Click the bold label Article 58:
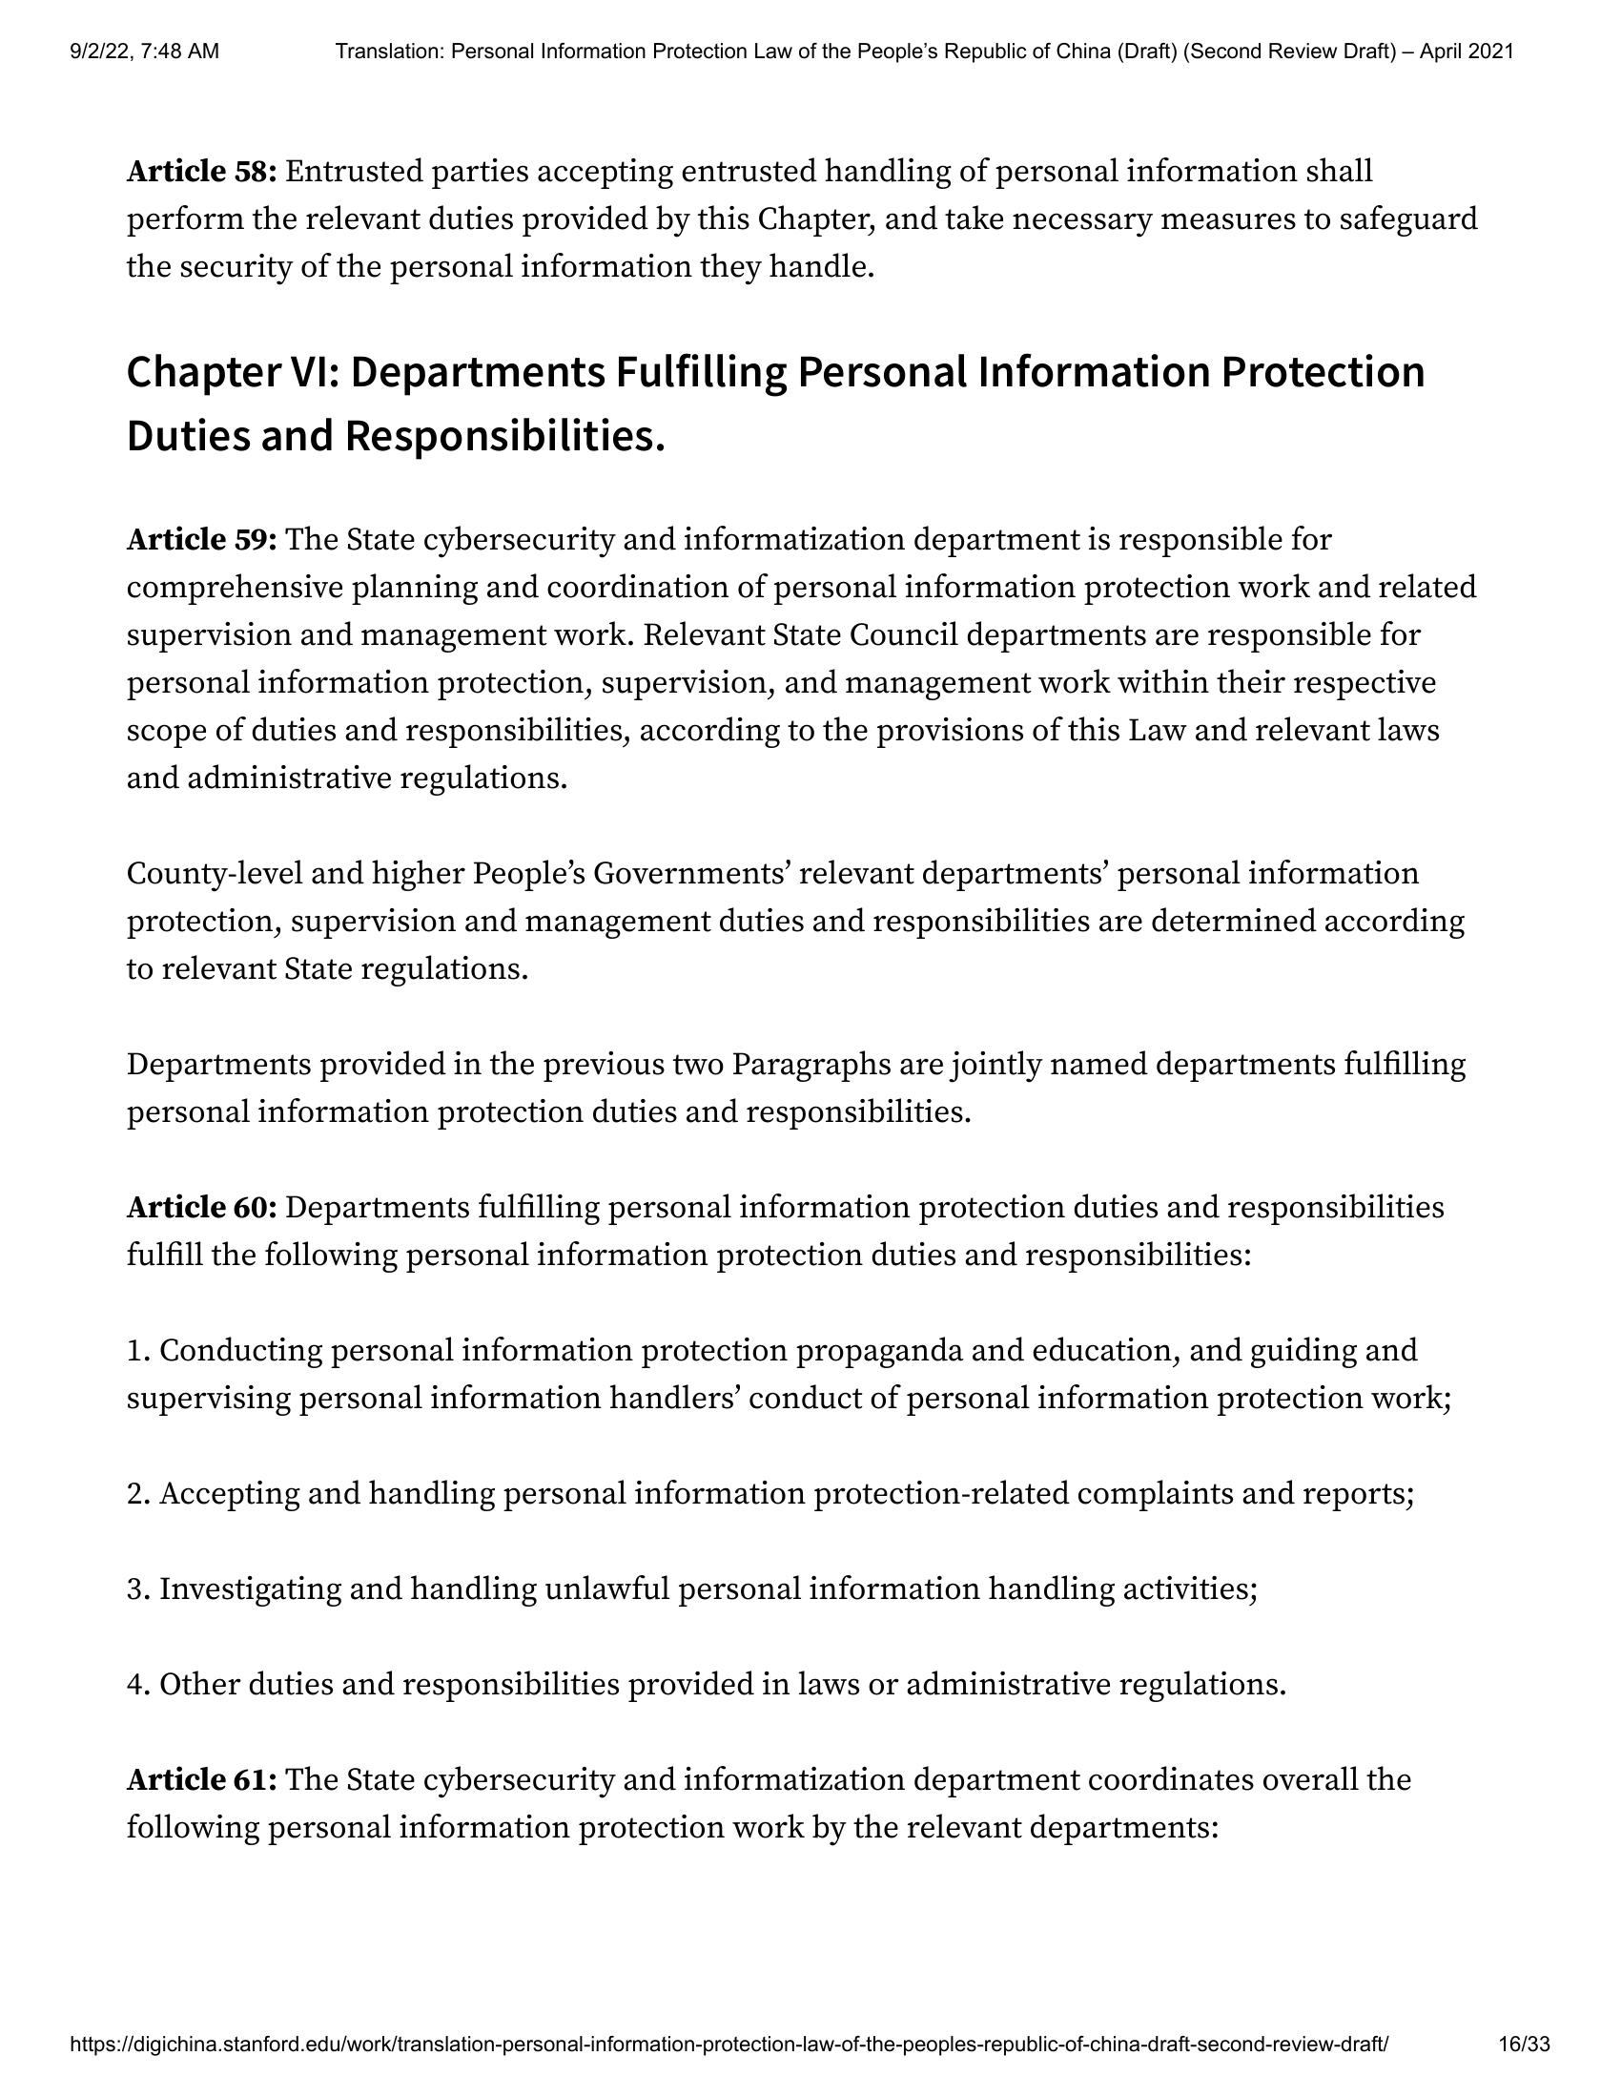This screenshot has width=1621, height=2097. tap(201, 172)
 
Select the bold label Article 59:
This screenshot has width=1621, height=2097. tap(201, 540)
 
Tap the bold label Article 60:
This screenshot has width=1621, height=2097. tap(201, 1207)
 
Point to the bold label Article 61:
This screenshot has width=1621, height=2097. tap(201, 1779)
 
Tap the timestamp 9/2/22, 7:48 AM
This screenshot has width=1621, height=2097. tap(145, 52)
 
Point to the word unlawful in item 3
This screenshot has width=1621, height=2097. tap(606, 1589)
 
